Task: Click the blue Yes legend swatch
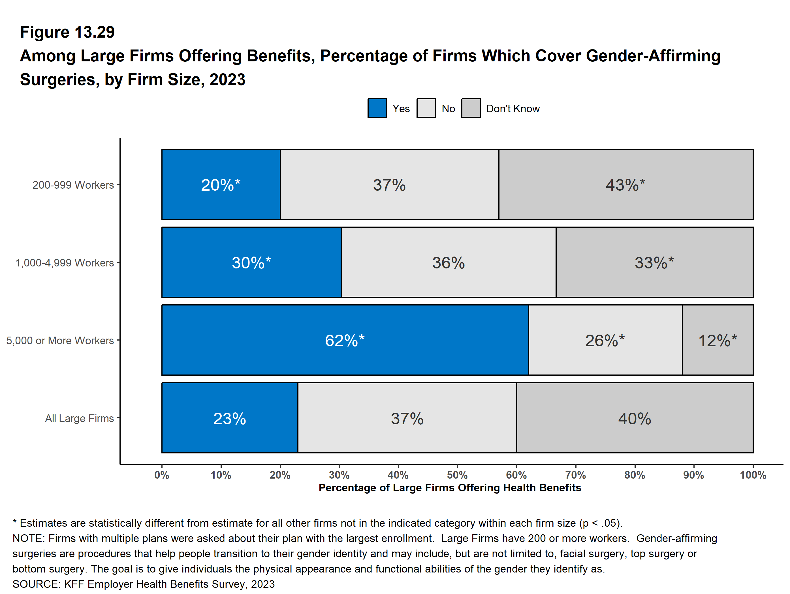click(377, 108)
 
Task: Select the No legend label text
click(448, 109)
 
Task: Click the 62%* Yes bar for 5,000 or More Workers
click(345, 340)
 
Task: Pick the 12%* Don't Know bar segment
click(718, 340)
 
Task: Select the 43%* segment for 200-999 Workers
click(626, 184)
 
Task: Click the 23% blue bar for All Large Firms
click(230, 418)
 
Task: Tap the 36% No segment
click(449, 262)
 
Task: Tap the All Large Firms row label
click(79, 418)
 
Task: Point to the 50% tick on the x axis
click(457, 475)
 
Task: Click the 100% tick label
click(753, 475)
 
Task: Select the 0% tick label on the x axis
click(162, 475)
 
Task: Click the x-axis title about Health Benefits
click(450, 488)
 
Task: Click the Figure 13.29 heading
click(67, 32)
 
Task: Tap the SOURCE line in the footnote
click(144, 584)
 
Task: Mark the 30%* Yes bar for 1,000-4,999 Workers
click(251, 262)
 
